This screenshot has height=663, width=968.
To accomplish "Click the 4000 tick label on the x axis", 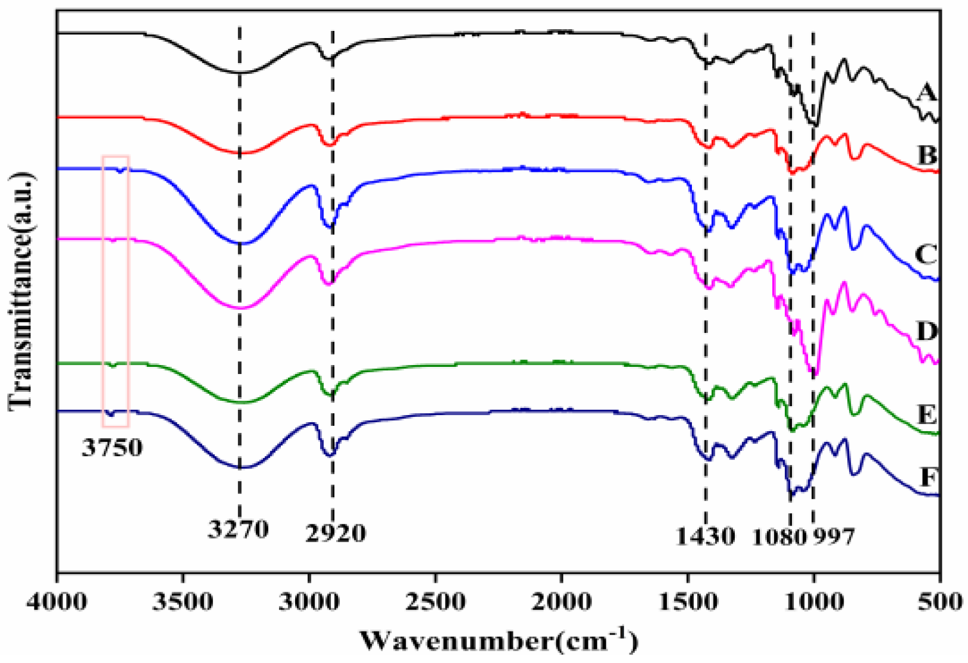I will click(57, 602).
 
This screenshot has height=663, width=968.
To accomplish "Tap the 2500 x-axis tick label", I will click(435, 602).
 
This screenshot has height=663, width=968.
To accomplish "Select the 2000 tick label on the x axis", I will click(561, 602).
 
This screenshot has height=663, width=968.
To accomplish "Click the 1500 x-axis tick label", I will click(687, 602).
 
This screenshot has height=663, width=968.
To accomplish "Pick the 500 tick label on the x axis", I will click(938, 602).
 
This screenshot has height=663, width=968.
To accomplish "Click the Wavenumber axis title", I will click(499, 641).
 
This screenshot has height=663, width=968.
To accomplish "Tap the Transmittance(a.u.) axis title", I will click(20, 291).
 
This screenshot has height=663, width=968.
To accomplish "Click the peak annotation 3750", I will click(112, 447).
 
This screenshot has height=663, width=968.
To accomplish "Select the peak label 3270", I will click(239, 529).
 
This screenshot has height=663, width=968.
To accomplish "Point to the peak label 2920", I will click(336, 533).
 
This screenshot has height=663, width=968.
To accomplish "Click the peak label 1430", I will click(705, 536).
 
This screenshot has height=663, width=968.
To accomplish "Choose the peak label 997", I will click(834, 536).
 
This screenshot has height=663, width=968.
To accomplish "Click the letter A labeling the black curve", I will click(926, 93).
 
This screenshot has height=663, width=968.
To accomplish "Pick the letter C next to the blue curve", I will click(926, 254).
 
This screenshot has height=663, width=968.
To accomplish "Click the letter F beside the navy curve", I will click(928, 477).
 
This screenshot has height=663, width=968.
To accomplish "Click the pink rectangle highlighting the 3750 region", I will click(116, 291).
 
